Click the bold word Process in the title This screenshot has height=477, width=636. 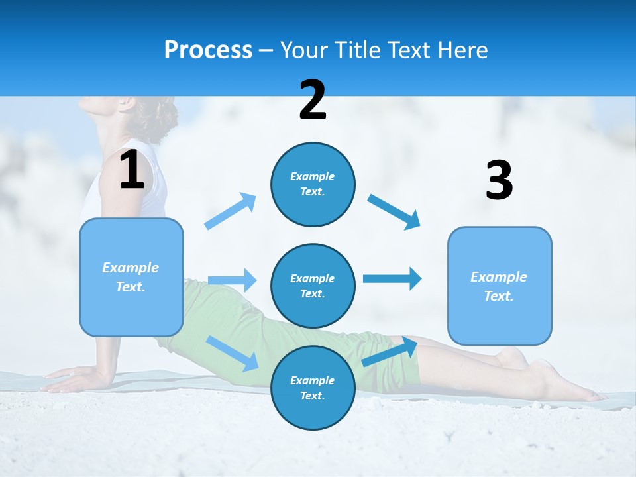208,50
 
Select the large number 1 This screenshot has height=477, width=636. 132,170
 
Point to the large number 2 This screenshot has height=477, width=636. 313,100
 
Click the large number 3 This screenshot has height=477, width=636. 499,180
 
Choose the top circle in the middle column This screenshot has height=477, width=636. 313,184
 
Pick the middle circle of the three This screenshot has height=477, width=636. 313,286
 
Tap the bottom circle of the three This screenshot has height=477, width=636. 313,388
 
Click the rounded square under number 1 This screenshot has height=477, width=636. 131,277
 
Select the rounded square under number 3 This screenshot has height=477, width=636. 500,286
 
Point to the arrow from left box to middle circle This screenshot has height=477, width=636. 232,280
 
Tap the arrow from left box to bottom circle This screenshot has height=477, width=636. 232,353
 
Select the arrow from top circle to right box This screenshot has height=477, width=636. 394,211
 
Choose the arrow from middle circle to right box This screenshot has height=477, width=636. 392,278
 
